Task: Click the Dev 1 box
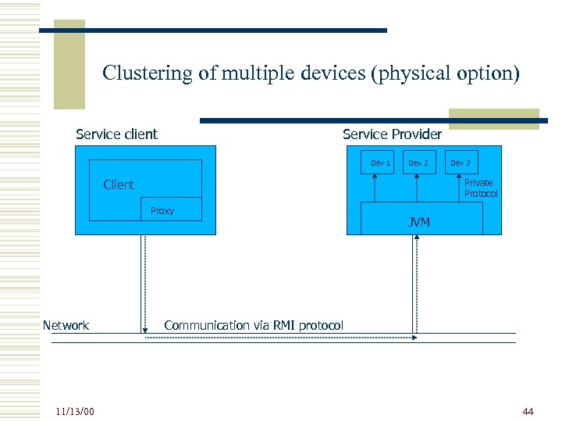click(380, 163)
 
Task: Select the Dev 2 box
click(418, 163)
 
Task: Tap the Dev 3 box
click(461, 163)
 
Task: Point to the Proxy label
click(162, 211)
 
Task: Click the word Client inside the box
click(119, 184)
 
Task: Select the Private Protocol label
click(479, 188)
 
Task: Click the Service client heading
click(116, 134)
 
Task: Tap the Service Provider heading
click(392, 134)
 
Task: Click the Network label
click(66, 325)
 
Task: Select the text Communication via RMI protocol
click(254, 325)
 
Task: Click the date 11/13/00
click(75, 411)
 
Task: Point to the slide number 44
click(528, 411)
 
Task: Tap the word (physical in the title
click(412, 73)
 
